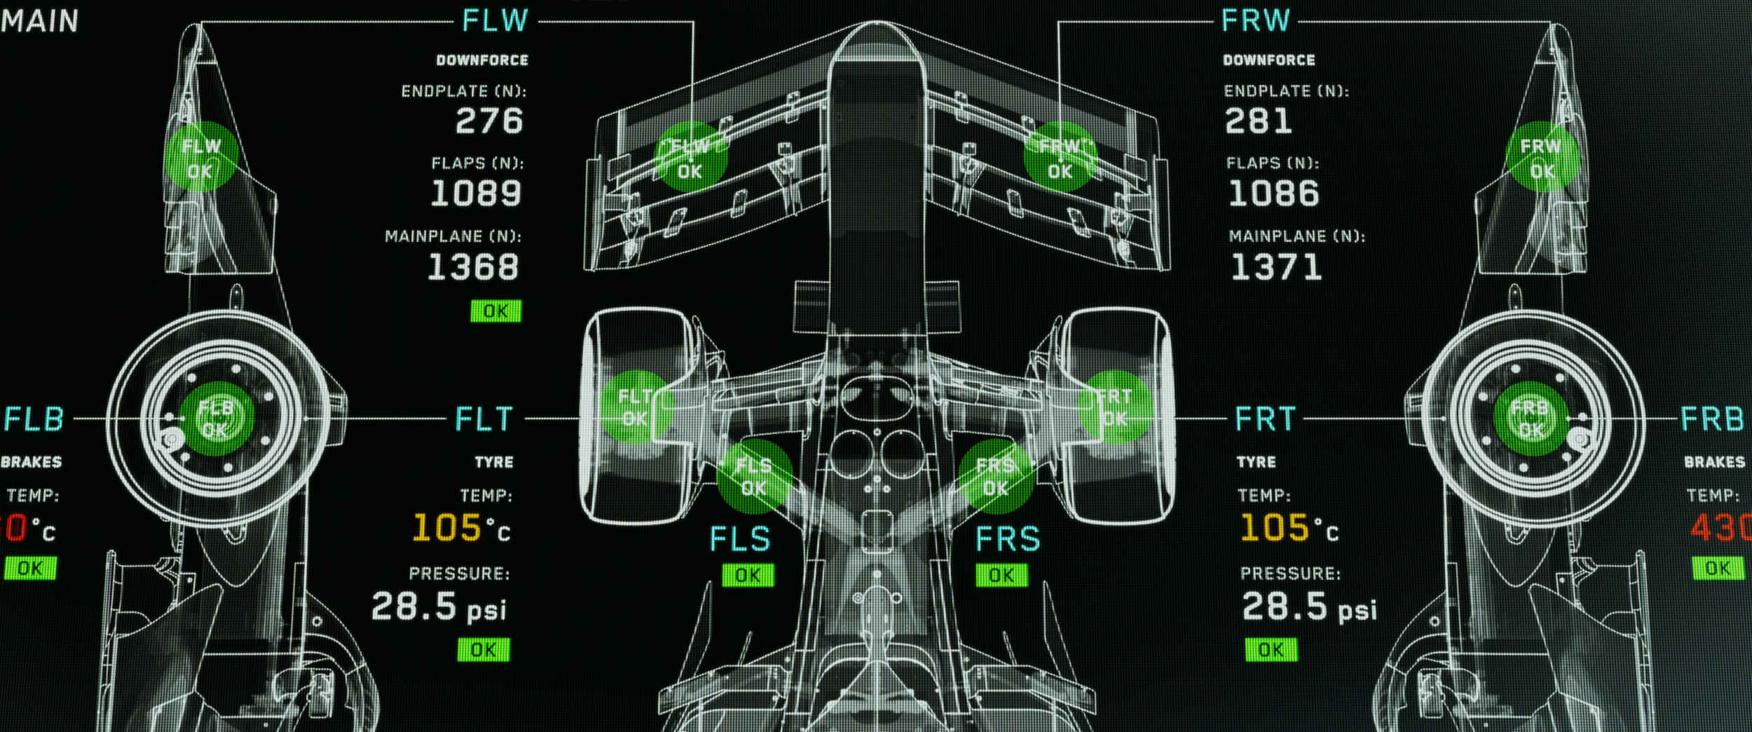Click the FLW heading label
495,21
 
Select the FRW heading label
1254,21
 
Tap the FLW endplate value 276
489,121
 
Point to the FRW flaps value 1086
1274,194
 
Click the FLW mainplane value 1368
474,268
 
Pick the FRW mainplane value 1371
1276,268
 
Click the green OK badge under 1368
495,311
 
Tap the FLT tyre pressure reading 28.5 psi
439,607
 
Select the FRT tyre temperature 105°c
1289,529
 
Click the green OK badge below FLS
748,576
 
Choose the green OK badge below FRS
1001,576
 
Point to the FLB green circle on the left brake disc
216,419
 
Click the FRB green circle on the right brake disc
1530,419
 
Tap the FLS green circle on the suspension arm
754,477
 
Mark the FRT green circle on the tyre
1114,407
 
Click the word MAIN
39,21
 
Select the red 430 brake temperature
1720,529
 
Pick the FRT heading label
1265,419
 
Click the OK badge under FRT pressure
1271,650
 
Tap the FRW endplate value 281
1258,121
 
